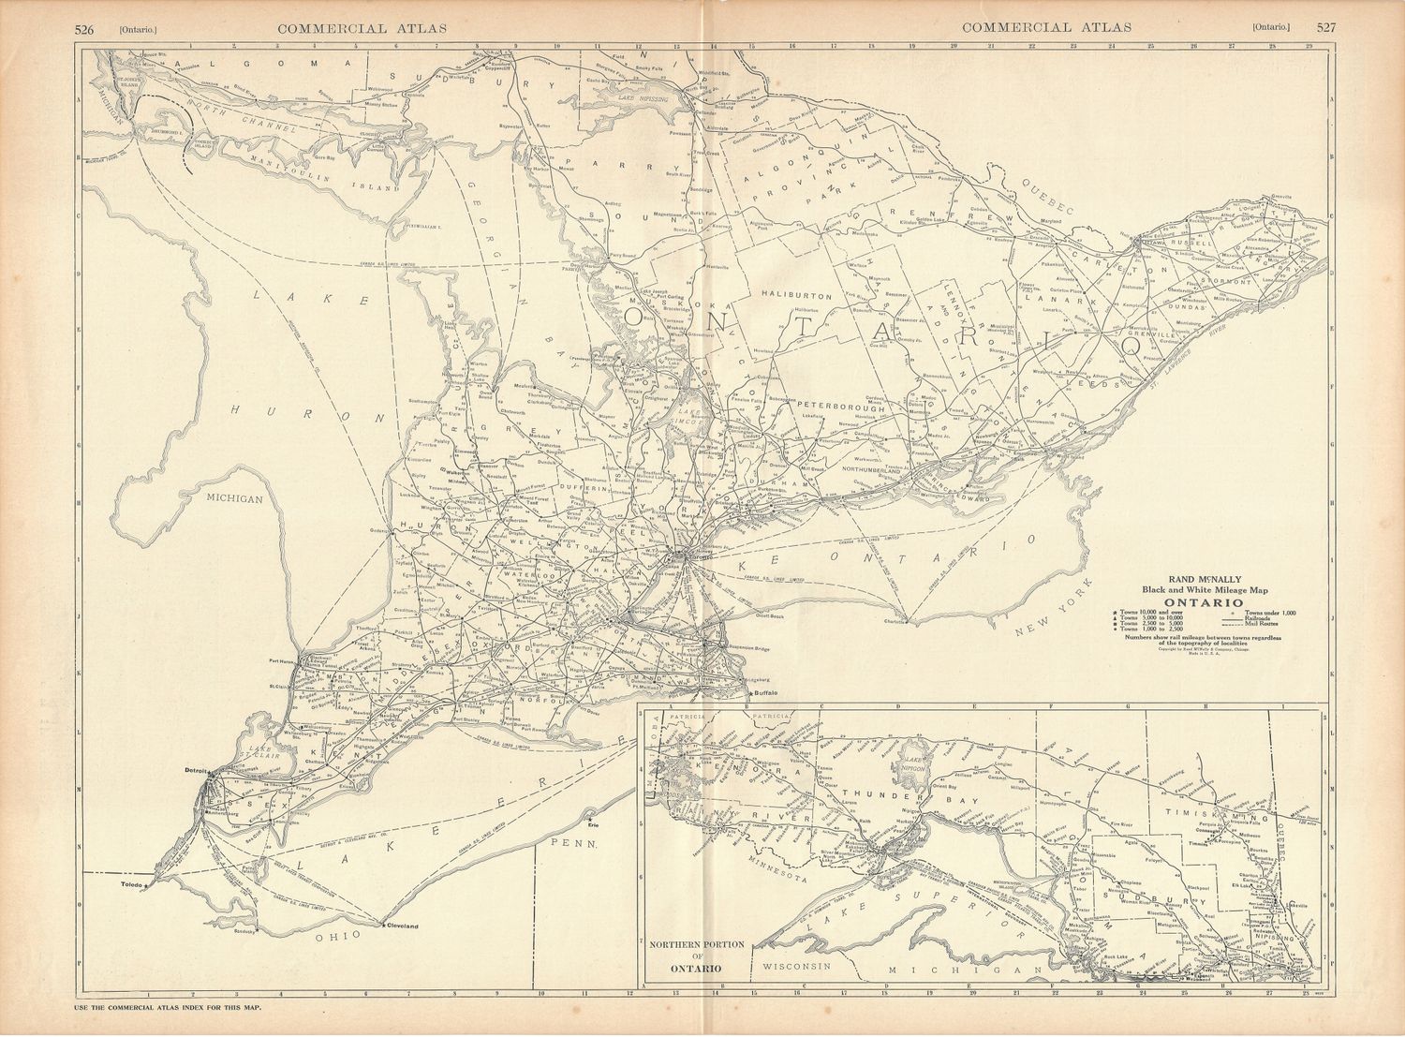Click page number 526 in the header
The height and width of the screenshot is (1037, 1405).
click(x=87, y=27)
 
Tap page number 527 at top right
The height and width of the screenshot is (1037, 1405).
click(x=1326, y=27)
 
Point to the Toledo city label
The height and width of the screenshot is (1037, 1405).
click(x=136, y=884)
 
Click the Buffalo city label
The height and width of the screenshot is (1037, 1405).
click(x=765, y=693)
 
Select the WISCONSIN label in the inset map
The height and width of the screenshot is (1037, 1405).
click(x=795, y=965)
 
